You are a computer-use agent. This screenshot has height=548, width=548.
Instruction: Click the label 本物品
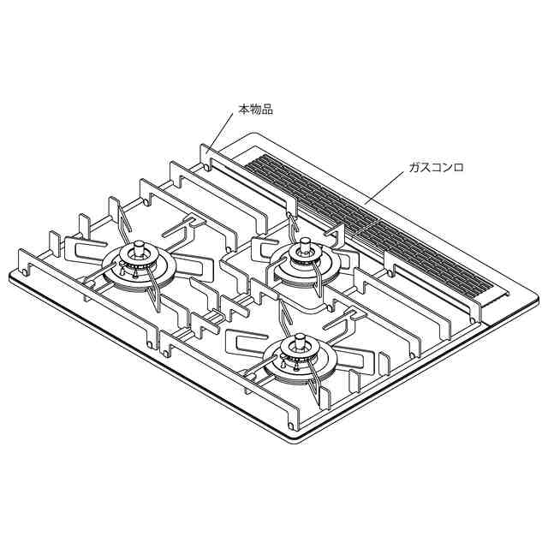(255, 110)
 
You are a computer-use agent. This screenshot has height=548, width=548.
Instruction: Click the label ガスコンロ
(437, 168)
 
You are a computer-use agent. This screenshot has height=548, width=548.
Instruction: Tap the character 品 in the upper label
(267, 110)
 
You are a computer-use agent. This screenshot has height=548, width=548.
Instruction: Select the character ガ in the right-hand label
(414, 168)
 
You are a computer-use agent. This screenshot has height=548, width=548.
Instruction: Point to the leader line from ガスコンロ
(386, 188)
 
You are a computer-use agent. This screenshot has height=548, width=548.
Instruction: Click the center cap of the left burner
(140, 247)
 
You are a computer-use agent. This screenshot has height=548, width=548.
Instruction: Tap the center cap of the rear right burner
(306, 243)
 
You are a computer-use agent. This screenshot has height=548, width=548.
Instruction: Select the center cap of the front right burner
(300, 341)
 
